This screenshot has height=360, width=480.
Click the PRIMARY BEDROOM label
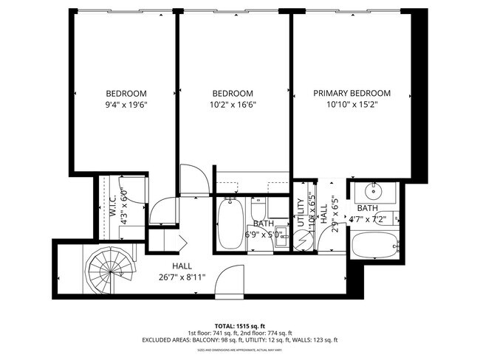[352, 94]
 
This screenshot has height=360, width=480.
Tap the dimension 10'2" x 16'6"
[233, 104]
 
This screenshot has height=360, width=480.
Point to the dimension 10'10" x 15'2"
[352, 104]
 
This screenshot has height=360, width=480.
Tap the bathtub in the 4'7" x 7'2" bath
[374, 247]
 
